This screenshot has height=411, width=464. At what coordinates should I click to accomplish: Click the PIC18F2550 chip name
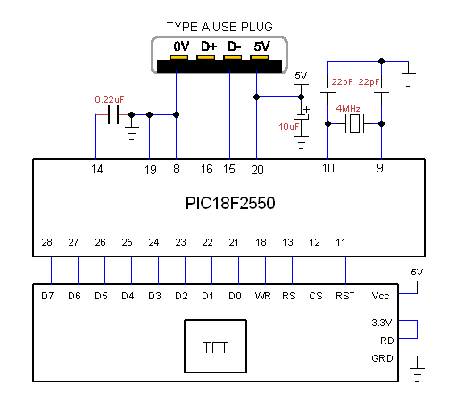230,204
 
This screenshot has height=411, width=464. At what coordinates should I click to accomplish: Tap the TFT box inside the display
215,346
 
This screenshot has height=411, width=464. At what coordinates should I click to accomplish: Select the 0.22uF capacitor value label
110,100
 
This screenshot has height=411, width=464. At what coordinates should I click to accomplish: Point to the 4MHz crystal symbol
354,124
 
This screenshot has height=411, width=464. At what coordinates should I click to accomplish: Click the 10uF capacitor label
288,127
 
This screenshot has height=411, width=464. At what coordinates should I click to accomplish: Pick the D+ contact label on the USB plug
209,46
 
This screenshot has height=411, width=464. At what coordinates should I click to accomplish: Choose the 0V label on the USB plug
181,46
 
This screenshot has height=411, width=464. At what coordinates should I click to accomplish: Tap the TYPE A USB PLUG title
220,27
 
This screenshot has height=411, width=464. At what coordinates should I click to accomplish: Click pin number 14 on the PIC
96,170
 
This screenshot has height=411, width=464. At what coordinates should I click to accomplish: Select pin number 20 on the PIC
257,170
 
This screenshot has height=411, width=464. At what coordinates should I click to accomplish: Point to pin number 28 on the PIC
46,242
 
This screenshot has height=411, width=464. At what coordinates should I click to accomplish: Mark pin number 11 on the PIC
341,242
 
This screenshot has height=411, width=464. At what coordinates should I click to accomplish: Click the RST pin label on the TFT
345,296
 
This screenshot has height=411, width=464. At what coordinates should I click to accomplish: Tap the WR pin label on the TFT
263,296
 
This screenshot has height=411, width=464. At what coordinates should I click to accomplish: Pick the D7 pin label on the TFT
47,296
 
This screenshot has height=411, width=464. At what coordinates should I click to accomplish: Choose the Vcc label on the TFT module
380,296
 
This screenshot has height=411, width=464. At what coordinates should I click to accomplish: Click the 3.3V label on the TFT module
382,323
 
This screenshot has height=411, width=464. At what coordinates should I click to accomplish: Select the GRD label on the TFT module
382,358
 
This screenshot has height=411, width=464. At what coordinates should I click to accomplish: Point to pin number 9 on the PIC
380,168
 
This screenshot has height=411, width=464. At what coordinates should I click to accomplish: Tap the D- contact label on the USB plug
235,46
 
